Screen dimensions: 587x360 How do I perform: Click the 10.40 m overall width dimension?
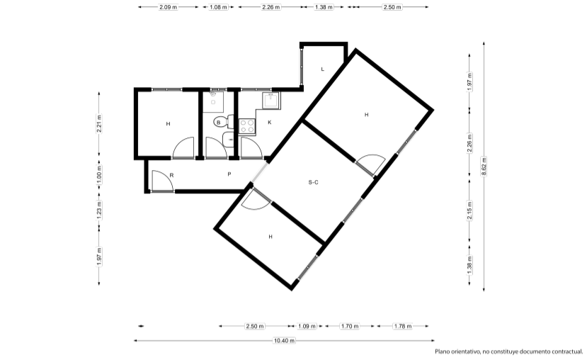click(x=284, y=341)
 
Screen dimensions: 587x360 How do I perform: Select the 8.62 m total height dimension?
click(x=484, y=167)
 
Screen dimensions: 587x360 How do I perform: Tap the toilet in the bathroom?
click(x=224, y=122)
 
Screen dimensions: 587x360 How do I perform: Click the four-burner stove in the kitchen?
click(x=247, y=126)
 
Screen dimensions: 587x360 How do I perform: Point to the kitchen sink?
click(x=270, y=101)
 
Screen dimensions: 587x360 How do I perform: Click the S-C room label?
click(x=314, y=182)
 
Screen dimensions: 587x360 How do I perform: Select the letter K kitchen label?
click(x=270, y=123)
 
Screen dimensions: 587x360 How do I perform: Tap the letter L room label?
click(x=323, y=69)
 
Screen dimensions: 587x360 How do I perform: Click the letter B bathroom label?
click(x=219, y=123)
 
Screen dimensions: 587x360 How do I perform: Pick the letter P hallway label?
click(x=229, y=174)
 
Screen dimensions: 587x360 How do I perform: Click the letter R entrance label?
click(x=171, y=175)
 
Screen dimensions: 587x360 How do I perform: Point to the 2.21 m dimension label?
click(x=99, y=123)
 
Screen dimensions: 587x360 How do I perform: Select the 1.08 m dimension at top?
click(x=218, y=7)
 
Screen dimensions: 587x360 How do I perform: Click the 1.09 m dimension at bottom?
click(x=307, y=326)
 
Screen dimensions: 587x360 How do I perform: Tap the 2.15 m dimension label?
click(x=469, y=210)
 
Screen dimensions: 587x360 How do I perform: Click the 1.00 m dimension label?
click(x=99, y=175)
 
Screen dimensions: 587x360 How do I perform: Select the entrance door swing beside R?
click(x=162, y=181)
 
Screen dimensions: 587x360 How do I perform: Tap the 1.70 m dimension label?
click(x=350, y=326)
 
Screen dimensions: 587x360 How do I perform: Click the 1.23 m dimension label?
click(x=99, y=210)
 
